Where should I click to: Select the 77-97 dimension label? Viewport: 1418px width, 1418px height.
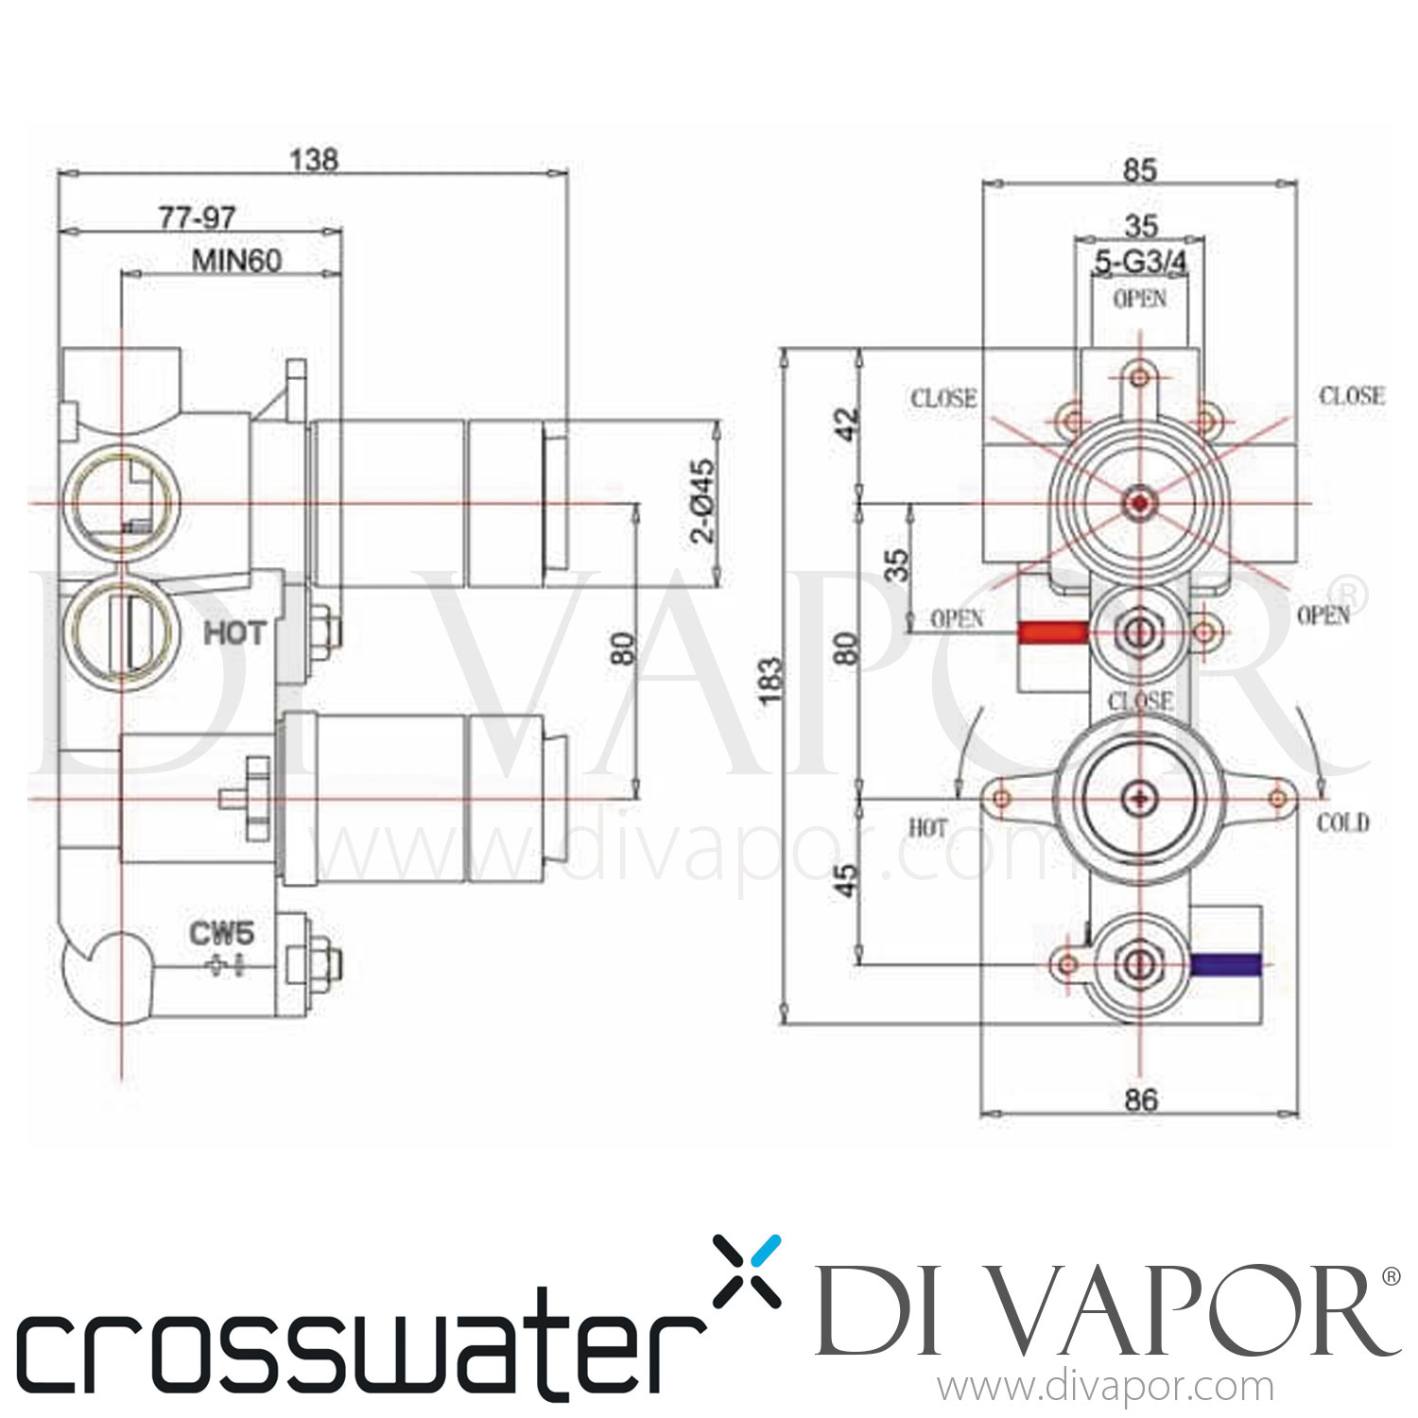(197, 217)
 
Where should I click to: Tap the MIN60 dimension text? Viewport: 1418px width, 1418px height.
(236, 260)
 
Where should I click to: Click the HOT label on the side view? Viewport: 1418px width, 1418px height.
(234, 632)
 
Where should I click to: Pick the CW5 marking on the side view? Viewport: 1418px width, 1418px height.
(221, 934)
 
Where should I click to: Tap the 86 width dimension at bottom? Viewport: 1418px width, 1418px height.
(1141, 1099)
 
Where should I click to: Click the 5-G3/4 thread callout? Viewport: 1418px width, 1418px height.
(1140, 262)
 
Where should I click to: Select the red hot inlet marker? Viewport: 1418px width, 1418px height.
(1052, 631)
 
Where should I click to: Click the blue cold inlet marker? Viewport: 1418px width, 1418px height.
(1226, 964)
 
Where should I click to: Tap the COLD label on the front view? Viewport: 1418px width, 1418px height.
(1342, 822)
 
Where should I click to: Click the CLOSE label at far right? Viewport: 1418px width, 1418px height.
(1352, 395)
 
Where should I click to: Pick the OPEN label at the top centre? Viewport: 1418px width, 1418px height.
(1140, 298)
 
